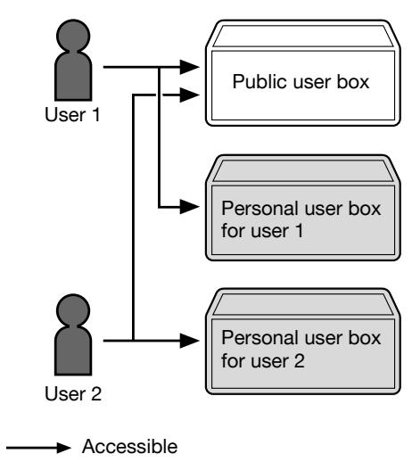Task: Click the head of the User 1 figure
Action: click(73, 35)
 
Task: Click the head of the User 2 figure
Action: click(73, 309)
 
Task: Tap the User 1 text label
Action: click(72, 114)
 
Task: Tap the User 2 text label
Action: click(73, 393)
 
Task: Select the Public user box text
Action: click(301, 82)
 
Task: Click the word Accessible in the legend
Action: click(130, 446)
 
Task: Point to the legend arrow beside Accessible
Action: click(38, 448)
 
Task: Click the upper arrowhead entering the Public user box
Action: click(190, 67)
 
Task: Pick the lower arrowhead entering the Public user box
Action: click(190, 95)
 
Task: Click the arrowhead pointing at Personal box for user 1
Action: click(190, 207)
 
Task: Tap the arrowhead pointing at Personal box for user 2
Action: click(190, 341)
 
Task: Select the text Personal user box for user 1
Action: click(301, 219)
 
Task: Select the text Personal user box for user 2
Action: click(301, 350)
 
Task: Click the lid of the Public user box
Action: click(303, 37)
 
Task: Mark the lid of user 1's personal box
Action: click(303, 171)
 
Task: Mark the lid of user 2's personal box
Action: click(303, 304)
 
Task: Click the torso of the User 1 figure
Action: click(73, 76)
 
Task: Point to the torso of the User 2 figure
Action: click(73, 351)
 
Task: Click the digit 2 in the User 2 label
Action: click(96, 393)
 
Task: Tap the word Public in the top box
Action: click(260, 82)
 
